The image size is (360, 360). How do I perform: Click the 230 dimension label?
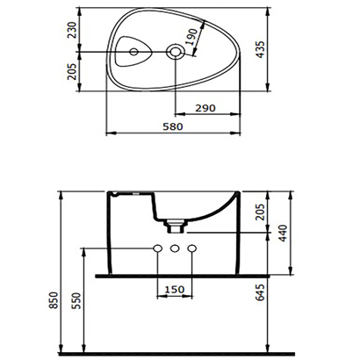tap(72, 30)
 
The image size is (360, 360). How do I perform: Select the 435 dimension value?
tap(260, 49)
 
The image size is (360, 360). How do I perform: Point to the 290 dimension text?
tap(205, 108)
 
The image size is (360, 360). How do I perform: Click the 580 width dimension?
tap(173, 126)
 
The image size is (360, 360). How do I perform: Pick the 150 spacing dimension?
tap(175, 290)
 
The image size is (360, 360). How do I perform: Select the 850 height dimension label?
tap(54, 300)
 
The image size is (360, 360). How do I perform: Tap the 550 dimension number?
tap(76, 300)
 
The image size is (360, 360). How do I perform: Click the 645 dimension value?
tap(260, 292)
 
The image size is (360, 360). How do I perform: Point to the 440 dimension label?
tap(283, 234)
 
